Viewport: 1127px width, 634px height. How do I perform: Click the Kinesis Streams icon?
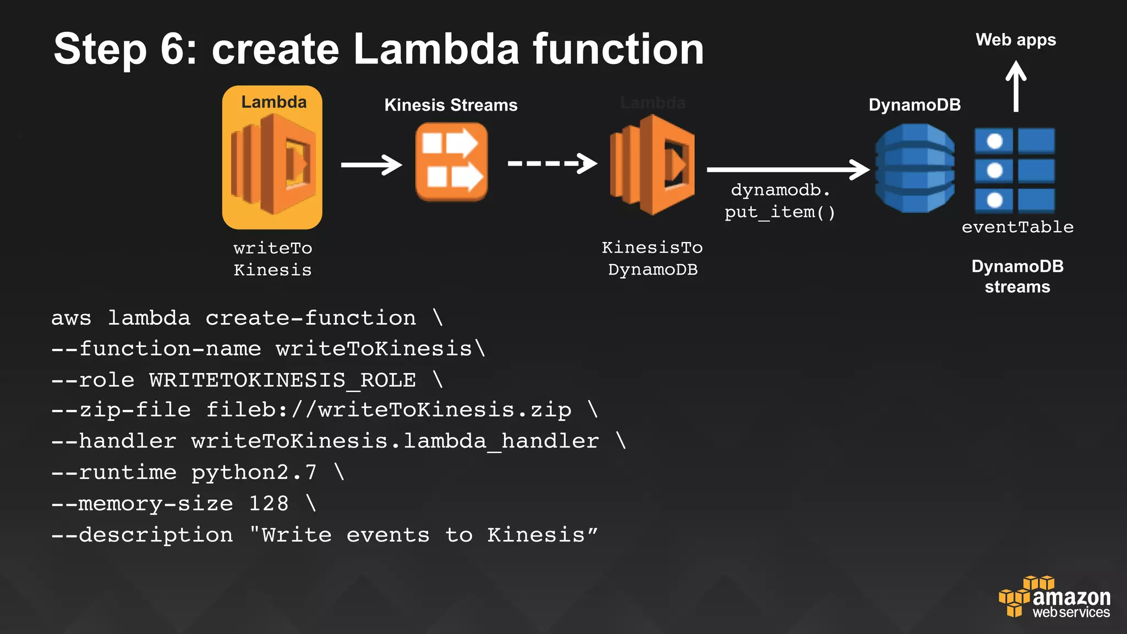pos(451,162)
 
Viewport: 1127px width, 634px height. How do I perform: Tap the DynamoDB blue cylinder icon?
pos(915,168)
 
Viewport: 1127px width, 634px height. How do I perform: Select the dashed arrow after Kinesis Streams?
pos(552,163)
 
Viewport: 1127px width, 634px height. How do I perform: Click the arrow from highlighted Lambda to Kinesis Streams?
pos(371,165)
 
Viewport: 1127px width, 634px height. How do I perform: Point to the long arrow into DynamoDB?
pos(787,170)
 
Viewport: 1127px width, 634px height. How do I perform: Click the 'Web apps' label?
pos(1016,40)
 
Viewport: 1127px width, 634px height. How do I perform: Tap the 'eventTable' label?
pos(1017,227)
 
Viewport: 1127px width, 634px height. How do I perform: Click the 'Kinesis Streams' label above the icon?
pos(451,105)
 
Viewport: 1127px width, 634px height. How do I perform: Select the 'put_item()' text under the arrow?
pos(780,212)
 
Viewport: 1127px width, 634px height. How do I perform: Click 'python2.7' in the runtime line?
pos(254,472)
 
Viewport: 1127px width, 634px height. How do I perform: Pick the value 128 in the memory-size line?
pos(269,503)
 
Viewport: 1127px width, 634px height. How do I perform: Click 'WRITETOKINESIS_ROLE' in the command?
pos(282,380)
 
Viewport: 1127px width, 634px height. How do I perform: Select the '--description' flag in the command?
pos(142,535)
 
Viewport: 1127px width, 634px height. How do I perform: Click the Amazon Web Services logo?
pos(1054,598)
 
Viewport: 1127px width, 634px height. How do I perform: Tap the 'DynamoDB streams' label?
pos(1017,276)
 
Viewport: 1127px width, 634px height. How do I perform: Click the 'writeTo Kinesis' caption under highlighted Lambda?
pos(272,259)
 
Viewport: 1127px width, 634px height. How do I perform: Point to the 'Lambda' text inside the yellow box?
pos(273,102)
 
